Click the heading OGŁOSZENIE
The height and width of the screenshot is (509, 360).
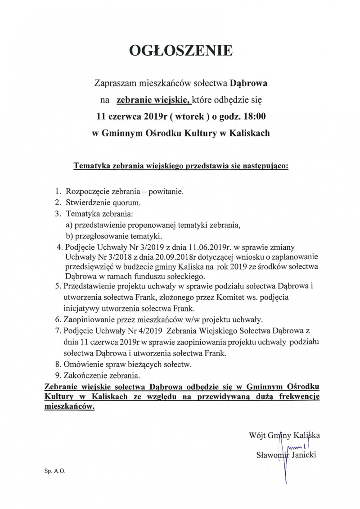(181, 52)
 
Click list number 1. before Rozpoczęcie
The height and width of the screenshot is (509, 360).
(58, 192)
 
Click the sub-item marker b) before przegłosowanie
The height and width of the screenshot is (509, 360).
(70, 236)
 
